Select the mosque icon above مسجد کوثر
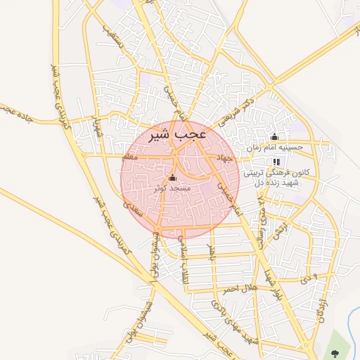173,176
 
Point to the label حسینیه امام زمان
274,148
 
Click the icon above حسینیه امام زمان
274,137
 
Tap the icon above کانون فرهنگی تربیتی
276,162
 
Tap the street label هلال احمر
243,288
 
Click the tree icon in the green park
334,351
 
